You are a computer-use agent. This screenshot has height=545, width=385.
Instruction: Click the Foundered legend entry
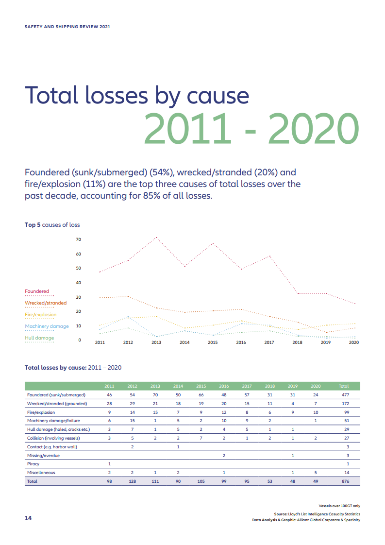pos(37,291)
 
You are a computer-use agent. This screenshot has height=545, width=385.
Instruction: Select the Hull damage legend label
pos(39,338)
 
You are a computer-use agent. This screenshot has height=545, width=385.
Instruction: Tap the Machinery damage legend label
pos(47,326)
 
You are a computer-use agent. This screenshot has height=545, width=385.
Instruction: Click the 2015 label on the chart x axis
pos(213,342)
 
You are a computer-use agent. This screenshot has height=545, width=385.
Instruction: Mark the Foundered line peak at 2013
pos(156,237)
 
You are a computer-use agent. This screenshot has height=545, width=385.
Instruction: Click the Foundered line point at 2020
pos(355,304)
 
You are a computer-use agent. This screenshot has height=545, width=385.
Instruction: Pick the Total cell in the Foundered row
pos(343,395)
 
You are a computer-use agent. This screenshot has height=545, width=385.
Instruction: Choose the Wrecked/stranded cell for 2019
pos(293,404)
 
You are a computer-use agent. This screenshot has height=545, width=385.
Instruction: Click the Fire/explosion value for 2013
pos(155,412)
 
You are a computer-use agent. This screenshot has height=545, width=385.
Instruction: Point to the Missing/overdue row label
pos(44,455)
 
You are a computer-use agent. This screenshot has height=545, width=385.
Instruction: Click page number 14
pos(28,518)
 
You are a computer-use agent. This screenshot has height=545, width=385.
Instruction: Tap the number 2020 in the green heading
pos(314,129)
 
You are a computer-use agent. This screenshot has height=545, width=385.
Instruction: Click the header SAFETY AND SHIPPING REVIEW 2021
pos(67,27)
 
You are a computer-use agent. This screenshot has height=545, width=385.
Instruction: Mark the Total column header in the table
pos(343,386)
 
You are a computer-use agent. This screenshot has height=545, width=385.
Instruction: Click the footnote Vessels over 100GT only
pos(339,506)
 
